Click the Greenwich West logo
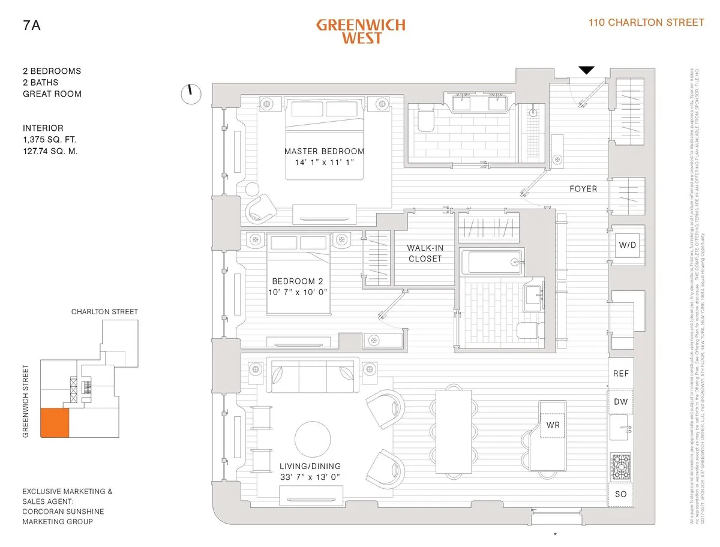[361, 31]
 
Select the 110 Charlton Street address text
[647, 23]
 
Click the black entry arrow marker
[586, 70]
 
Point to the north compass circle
[190, 94]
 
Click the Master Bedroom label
[324, 151]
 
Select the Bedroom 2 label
[298, 281]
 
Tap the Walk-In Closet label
[424, 253]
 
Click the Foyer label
[583, 189]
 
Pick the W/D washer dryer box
[627, 245]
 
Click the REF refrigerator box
[621, 373]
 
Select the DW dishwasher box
[621, 401]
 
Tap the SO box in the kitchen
[621, 494]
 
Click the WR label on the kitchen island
[553, 425]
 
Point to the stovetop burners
[621, 466]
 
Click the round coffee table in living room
[311, 439]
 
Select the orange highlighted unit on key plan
[55, 422]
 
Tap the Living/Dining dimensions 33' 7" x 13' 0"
[310, 477]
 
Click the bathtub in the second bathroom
[490, 262]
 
